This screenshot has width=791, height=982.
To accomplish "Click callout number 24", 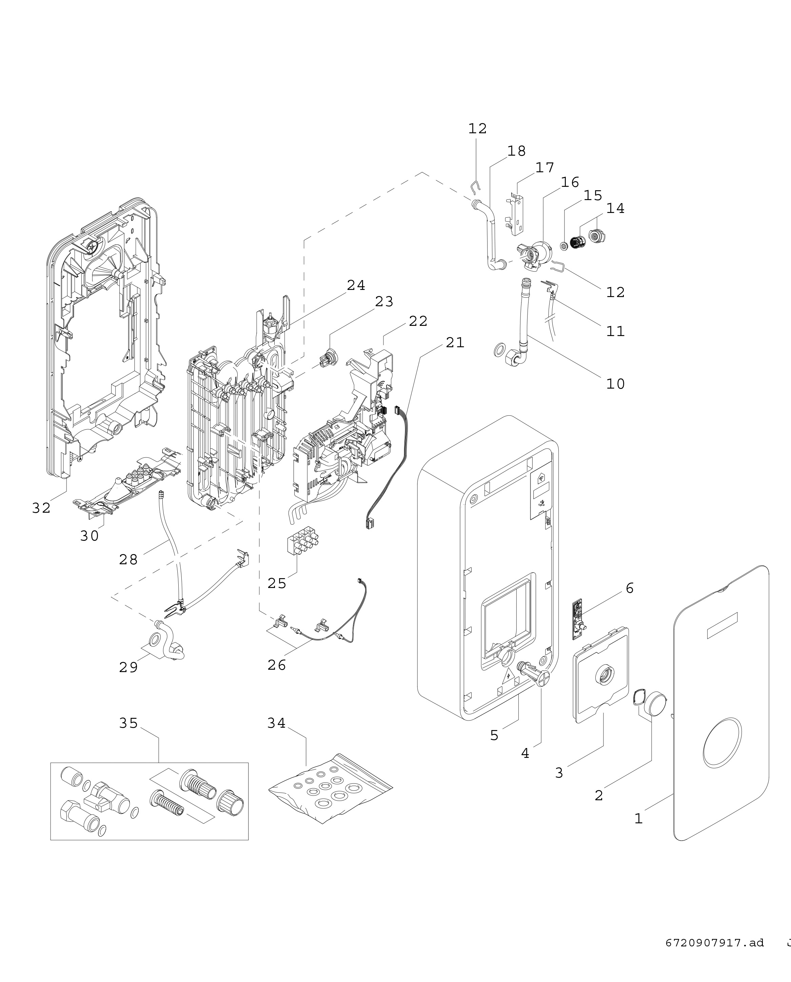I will click(x=356, y=285).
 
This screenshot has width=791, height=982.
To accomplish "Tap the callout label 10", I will click(x=615, y=384).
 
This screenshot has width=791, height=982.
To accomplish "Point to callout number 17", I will click(x=545, y=168).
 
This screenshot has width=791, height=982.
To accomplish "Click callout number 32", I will click(x=41, y=508).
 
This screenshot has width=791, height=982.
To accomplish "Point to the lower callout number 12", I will click(x=615, y=292).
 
